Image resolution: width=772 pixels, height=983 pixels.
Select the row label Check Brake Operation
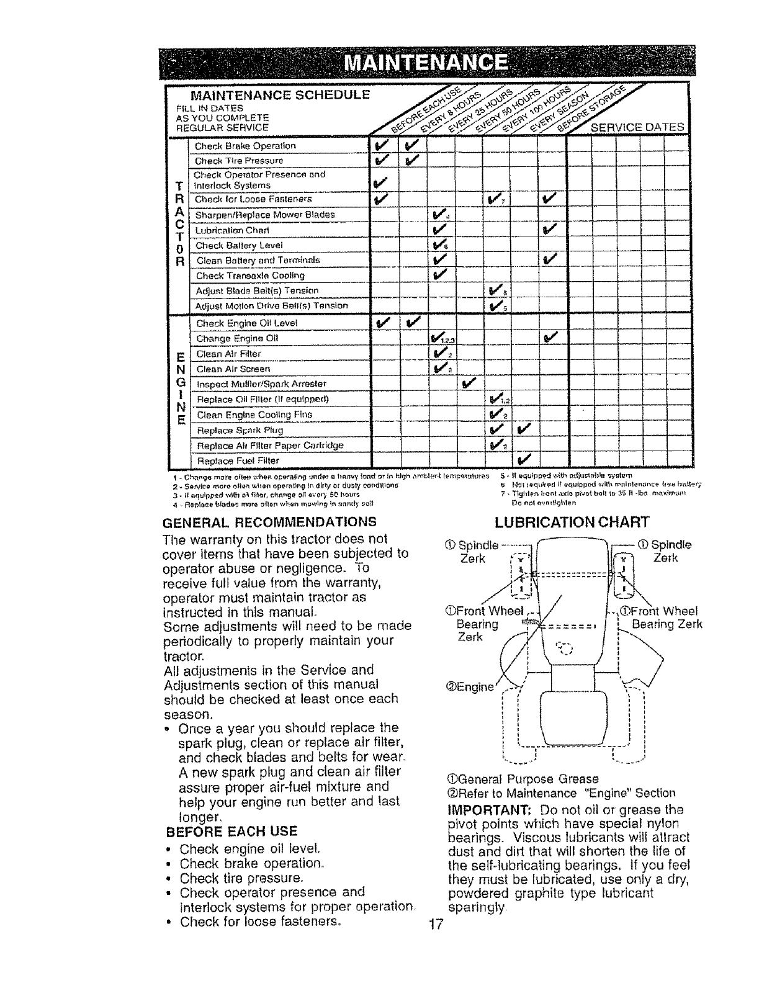(x=237, y=146)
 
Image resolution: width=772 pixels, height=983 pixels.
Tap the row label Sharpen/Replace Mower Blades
(x=265, y=215)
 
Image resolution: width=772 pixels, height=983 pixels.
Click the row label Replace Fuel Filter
(x=238, y=461)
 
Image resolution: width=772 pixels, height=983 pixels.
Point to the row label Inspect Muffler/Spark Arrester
(x=261, y=384)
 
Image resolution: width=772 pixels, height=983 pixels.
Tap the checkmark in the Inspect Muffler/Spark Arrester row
(x=469, y=382)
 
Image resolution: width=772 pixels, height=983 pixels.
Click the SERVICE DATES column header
(x=638, y=128)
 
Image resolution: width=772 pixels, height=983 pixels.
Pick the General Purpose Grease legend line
(x=523, y=779)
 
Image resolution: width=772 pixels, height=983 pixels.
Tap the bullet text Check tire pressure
(x=241, y=878)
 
